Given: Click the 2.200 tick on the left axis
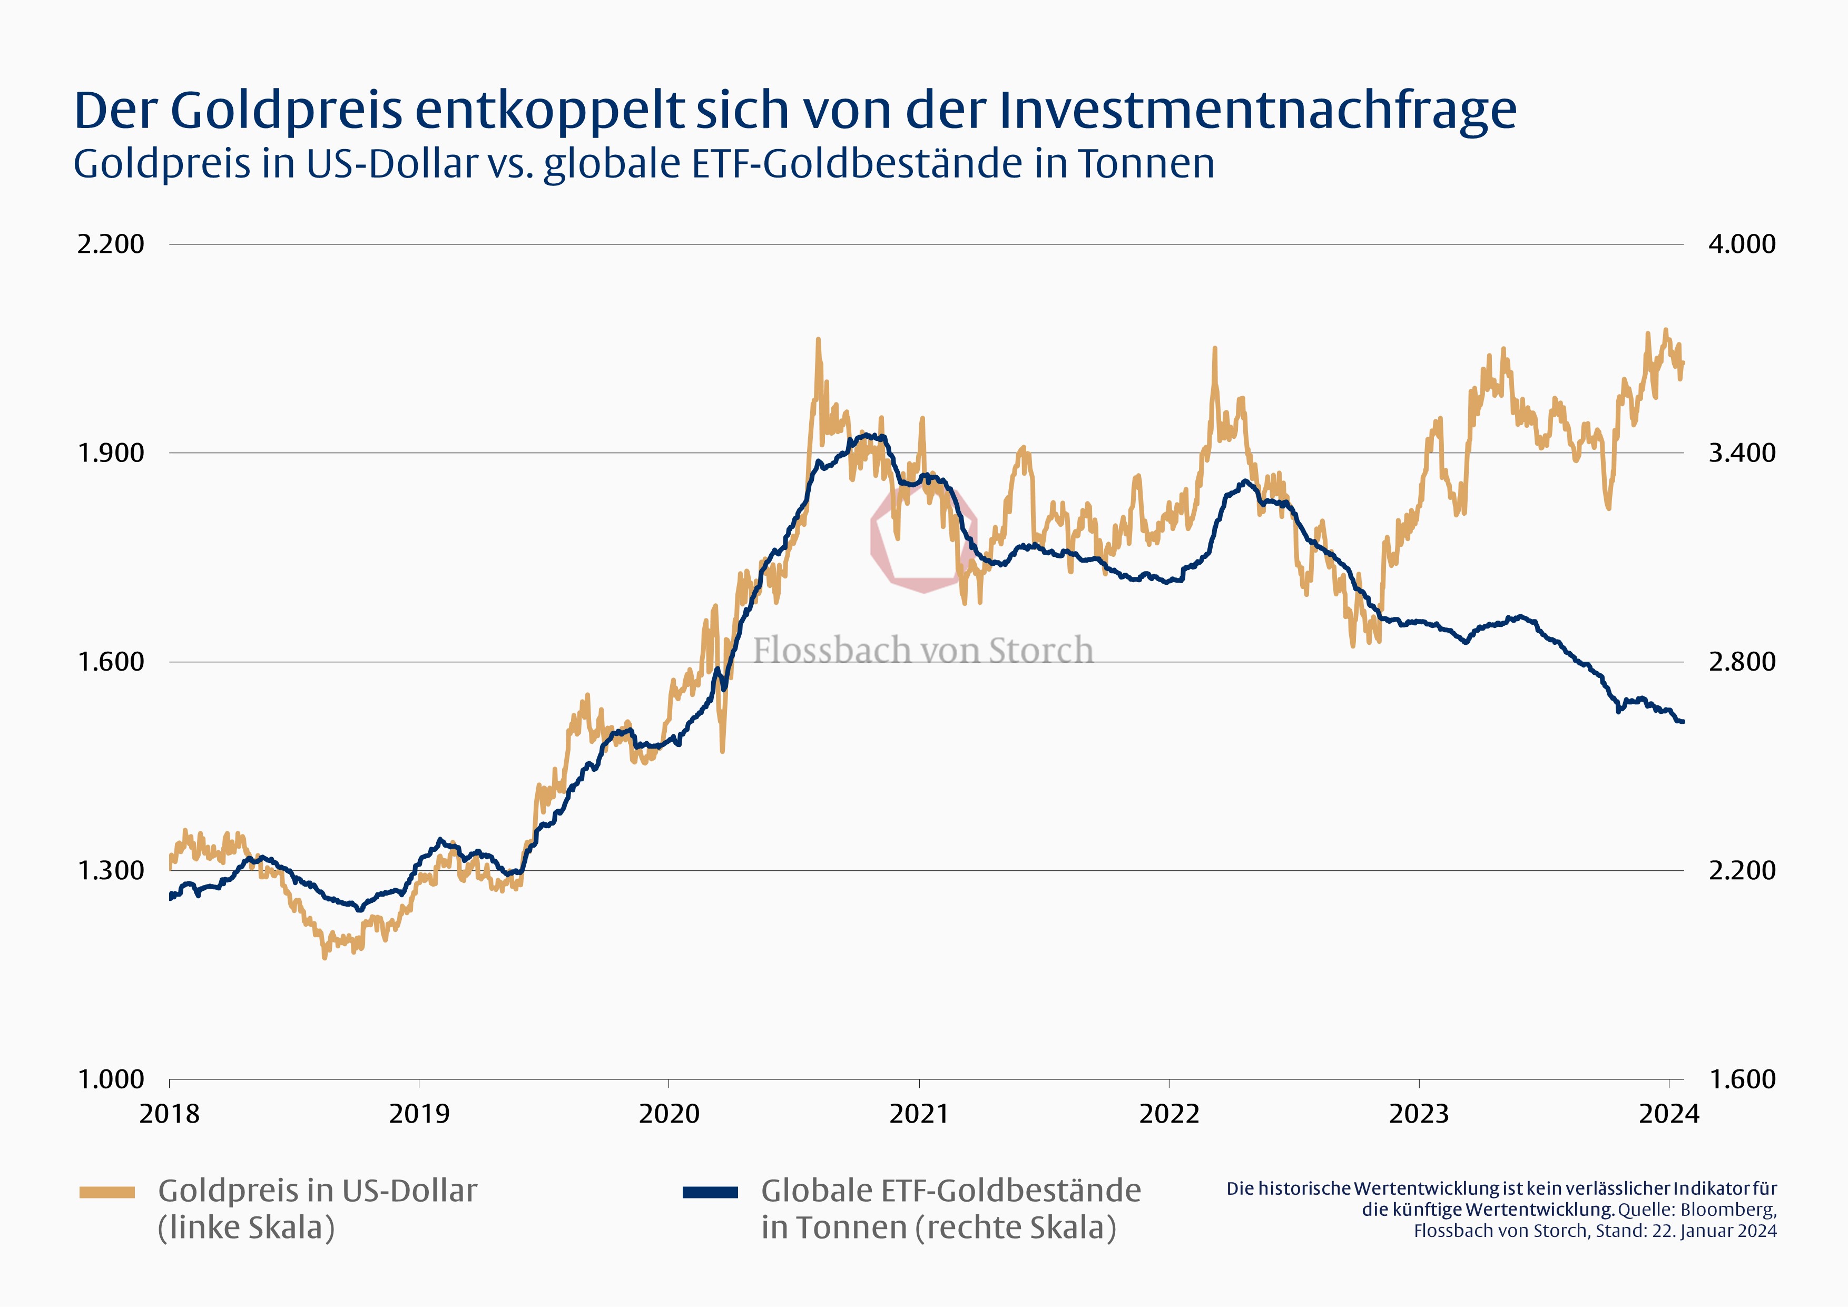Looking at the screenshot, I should (x=110, y=244).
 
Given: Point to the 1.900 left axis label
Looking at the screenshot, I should (x=110, y=453).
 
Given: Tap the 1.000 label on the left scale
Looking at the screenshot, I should (x=110, y=1079).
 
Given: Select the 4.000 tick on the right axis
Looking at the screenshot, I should (x=1742, y=244).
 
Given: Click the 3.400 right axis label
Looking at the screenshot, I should (x=1742, y=453).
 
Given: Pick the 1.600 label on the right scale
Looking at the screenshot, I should (x=1742, y=1079).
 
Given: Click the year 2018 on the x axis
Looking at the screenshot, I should (x=169, y=1114).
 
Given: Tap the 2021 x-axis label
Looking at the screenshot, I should (x=918, y=1114).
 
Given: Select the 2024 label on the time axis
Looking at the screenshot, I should (x=1668, y=1114).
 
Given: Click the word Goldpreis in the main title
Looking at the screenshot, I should (x=286, y=110).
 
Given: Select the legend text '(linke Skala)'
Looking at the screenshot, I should (x=245, y=1228).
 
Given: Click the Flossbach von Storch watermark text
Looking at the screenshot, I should (x=923, y=650).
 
